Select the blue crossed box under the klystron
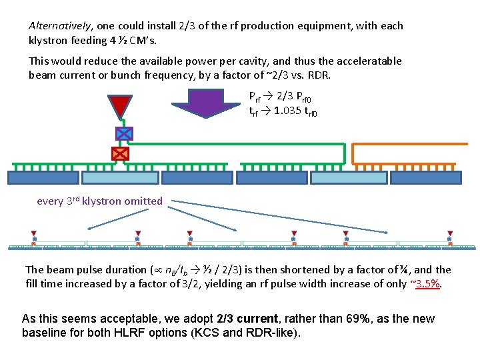124,133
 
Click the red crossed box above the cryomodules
120,154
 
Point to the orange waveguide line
407,144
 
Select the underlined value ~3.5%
427,283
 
